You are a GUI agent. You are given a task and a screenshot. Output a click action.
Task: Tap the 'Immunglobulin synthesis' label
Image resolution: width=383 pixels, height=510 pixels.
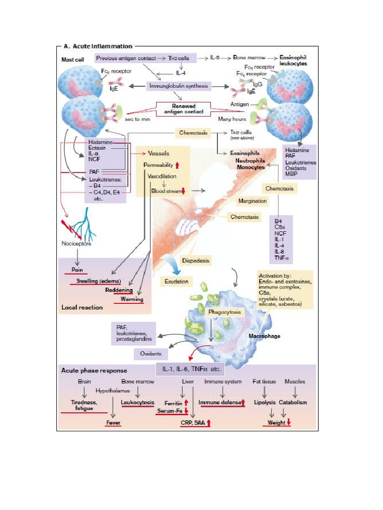click(178, 86)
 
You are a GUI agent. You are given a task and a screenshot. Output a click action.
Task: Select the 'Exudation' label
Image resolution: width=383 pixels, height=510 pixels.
click(177, 281)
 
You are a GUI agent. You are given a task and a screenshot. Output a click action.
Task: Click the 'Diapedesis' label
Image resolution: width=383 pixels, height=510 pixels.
click(195, 260)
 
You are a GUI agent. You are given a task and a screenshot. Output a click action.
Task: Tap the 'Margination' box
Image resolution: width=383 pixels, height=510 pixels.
click(252, 201)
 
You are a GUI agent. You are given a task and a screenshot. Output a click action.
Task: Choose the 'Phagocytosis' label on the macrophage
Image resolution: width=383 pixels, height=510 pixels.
click(224, 312)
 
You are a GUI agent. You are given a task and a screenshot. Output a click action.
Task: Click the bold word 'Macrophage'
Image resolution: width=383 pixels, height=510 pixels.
click(264, 336)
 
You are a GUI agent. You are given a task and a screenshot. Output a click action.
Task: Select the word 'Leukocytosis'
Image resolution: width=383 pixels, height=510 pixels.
click(138, 402)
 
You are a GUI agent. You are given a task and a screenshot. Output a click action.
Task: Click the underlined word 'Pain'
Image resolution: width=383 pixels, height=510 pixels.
click(77, 270)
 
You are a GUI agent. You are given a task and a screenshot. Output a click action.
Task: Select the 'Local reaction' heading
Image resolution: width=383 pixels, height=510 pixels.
click(82, 307)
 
